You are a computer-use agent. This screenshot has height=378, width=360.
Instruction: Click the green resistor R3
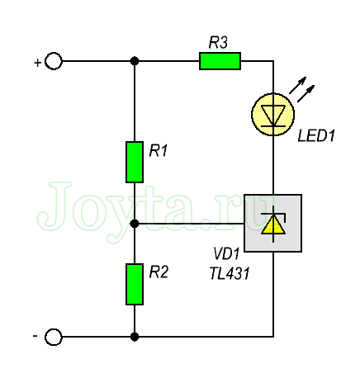(x=220, y=61)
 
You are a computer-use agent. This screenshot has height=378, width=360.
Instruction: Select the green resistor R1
(x=135, y=162)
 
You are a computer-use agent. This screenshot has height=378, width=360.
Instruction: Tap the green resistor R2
(x=135, y=284)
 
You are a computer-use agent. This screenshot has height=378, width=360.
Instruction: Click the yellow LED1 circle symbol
(x=273, y=115)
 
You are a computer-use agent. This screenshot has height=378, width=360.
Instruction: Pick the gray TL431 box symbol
(x=273, y=223)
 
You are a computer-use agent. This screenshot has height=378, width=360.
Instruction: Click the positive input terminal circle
(x=54, y=61)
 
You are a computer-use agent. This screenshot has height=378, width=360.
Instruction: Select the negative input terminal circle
(x=54, y=337)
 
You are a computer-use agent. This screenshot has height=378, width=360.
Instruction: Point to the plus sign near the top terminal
(x=37, y=63)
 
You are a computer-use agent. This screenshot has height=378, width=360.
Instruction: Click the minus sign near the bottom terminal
(x=35, y=336)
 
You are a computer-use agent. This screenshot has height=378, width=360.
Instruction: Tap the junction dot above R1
(x=135, y=61)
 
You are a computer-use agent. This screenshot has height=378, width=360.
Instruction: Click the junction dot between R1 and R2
(x=135, y=224)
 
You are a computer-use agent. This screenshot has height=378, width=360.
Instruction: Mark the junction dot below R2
(x=135, y=337)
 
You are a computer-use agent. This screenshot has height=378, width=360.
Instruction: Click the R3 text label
(x=218, y=43)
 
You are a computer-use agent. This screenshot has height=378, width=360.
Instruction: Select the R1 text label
(x=159, y=151)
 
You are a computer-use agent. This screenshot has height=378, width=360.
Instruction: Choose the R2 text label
(x=159, y=272)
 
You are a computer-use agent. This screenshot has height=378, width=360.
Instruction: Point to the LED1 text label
(x=316, y=135)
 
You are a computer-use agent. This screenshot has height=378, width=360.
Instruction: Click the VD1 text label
(x=227, y=253)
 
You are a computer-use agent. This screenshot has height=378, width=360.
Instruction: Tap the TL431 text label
(x=230, y=274)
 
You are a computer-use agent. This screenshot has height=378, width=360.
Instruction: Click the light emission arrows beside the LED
(x=301, y=89)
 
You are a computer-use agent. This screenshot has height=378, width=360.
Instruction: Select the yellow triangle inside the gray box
(x=273, y=225)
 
